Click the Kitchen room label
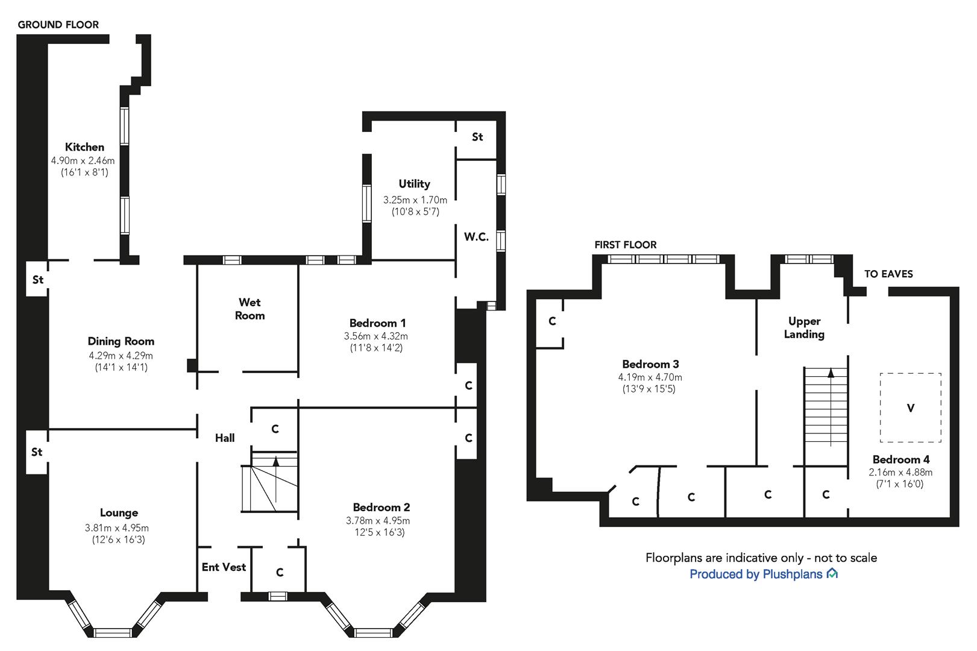tap(84, 147)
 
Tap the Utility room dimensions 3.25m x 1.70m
tap(415, 200)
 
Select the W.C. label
tap(476, 237)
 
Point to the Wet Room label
tap(250, 309)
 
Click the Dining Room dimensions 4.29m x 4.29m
tap(121, 356)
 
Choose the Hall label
tap(225, 438)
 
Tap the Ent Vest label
tap(224, 567)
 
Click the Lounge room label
tap(119, 513)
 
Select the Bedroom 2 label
tap(382, 508)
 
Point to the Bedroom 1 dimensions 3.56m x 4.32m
tap(376, 336)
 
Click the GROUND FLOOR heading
tap(58, 25)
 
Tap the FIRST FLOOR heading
tap(626, 245)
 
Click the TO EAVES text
tap(888, 274)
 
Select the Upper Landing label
tap(804, 328)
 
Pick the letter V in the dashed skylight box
tap(911, 408)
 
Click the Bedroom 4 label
tap(901, 460)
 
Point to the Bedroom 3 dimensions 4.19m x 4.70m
tap(650, 377)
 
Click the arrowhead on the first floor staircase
tap(831, 373)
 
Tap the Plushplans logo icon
tap(832, 573)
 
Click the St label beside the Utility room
tap(477, 137)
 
